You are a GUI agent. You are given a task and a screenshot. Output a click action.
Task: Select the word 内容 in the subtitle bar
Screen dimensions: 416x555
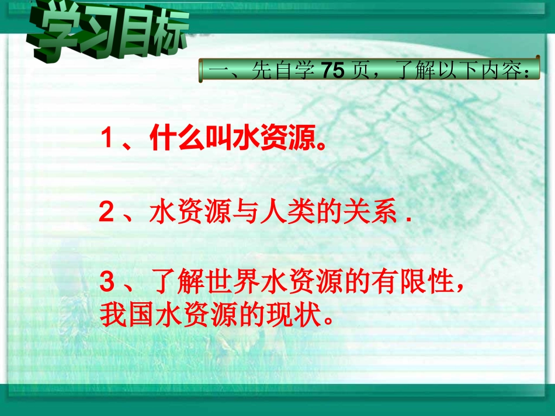pos(505,71)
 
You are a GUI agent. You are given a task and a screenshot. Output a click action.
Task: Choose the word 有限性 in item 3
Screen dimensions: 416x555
pos(418,285)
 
